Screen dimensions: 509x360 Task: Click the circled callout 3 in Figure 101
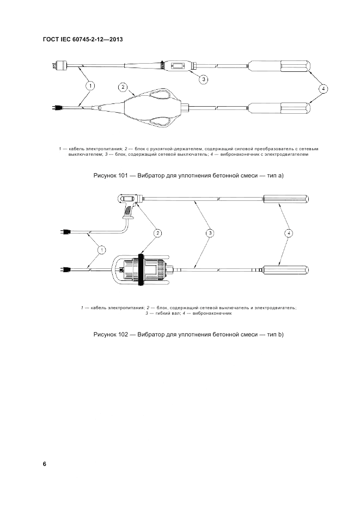coord(203,79)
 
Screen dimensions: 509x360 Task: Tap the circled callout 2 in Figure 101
coord(123,87)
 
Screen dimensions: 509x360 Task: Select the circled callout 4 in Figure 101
coord(324,88)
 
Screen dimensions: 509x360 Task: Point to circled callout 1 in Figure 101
coord(90,85)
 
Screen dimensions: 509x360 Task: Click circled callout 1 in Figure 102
coord(101,249)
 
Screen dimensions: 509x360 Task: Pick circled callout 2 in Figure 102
coord(157,234)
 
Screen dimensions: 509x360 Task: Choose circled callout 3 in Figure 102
coord(210,234)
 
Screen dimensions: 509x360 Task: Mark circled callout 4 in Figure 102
coord(289,234)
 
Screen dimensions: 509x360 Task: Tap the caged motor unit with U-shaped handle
coord(142,269)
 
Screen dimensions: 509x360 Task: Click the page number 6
coord(45,464)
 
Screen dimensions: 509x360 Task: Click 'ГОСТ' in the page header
coord(51,39)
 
